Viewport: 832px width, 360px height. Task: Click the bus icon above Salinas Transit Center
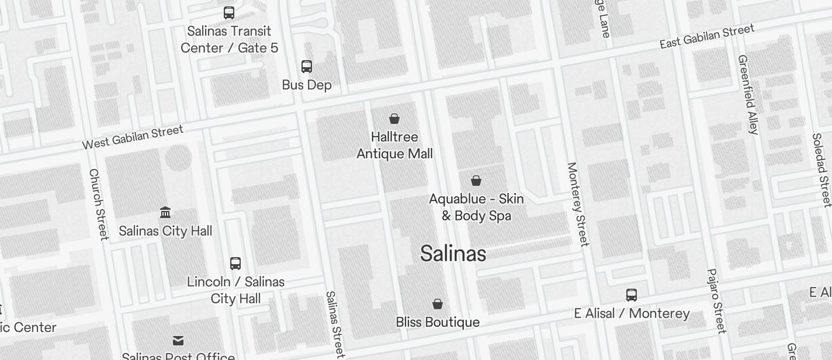point(229,13)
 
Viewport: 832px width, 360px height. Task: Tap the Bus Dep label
point(307,85)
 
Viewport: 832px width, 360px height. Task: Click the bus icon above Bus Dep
point(307,66)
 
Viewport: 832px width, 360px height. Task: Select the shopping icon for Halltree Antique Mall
point(394,119)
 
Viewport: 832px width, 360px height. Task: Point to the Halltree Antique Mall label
point(394,145)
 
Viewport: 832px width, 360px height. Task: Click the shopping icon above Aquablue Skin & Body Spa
point(476,181)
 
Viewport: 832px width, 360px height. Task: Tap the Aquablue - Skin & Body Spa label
point(476,207)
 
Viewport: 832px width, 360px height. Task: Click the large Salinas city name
point(453,254)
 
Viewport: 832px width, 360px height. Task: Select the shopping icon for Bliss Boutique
point(438,304)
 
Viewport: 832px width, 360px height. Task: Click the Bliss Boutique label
point(438,322)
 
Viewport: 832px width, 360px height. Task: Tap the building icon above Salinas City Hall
point(165,212)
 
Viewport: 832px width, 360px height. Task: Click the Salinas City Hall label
point(165,231)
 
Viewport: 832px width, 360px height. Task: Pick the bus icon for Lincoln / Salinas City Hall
point(235,264)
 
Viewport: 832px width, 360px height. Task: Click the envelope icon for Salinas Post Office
point(178,340)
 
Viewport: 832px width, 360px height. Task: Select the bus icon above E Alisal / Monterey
point(632,295)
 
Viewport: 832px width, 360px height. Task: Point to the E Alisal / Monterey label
point(632,314)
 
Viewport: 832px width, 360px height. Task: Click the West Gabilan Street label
point(133,137)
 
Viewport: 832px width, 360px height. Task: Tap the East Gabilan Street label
point(707,36)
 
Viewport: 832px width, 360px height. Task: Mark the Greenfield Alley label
point(748,95)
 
